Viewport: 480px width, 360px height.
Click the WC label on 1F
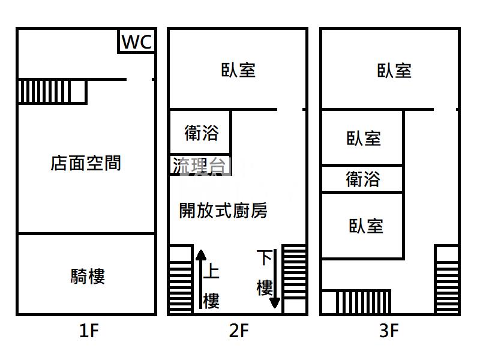137,42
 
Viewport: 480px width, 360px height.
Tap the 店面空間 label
86,163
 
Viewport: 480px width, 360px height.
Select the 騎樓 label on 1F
88,277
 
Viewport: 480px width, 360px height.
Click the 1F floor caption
88,331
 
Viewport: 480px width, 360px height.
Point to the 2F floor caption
238,331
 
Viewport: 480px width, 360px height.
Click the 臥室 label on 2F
238,70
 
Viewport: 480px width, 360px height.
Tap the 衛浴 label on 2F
201,133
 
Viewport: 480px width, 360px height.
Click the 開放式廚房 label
223,210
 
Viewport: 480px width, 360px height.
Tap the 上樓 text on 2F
211,286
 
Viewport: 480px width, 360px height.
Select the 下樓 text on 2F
265,273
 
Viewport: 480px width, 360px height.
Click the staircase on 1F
52,92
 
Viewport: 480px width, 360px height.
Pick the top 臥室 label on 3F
394,70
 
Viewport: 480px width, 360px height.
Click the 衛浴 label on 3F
363,179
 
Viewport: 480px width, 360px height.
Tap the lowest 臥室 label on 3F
365,226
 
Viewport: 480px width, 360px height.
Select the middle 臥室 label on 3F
364,139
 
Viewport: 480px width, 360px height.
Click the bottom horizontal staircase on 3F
357,302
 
